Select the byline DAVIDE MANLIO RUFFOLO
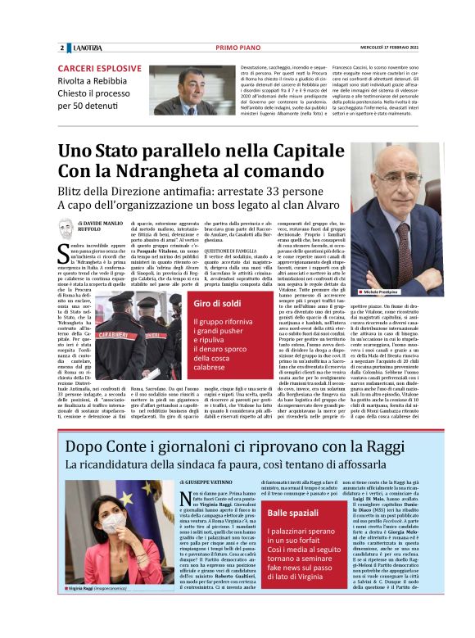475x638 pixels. click(x=102, y=227)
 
